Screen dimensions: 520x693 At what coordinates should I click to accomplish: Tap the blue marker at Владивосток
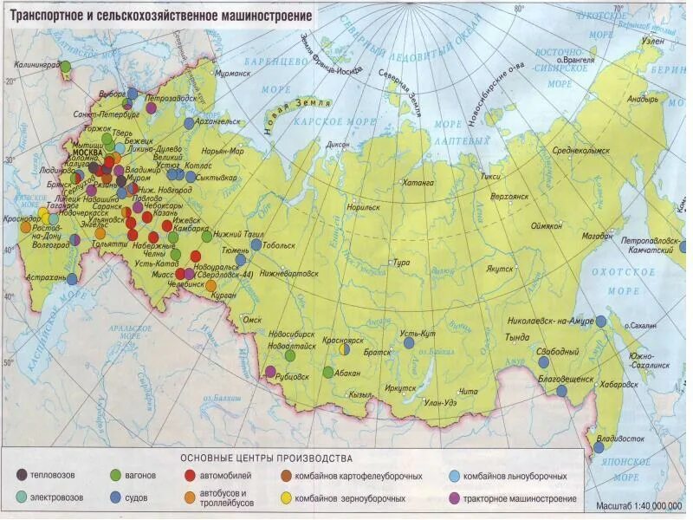tap(599, 447)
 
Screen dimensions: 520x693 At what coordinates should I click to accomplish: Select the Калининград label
tap(37, 65)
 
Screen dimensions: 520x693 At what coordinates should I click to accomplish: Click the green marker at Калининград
tap(65, 66)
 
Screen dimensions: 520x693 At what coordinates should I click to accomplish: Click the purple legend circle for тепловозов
tap(21, 476)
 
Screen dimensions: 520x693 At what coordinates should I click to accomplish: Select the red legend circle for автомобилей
tap(190, 476)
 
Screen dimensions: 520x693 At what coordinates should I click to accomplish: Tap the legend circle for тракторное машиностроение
tap(454, 499)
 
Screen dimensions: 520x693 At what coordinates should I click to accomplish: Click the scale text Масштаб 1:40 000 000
tap(639, 505)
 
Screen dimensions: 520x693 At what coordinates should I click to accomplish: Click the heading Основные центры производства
tap(266, 458)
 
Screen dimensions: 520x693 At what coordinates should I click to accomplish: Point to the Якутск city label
tap(499, 269)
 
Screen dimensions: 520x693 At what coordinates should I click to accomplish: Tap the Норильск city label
tap(362, 207)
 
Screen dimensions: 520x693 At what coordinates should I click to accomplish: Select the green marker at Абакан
tap(327, 373)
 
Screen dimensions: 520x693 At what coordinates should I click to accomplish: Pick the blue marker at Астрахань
tap(72, 279)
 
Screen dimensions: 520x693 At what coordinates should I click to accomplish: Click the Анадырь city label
tap(643, 100)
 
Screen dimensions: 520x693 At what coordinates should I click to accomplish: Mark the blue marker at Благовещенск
tap(561, 391)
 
